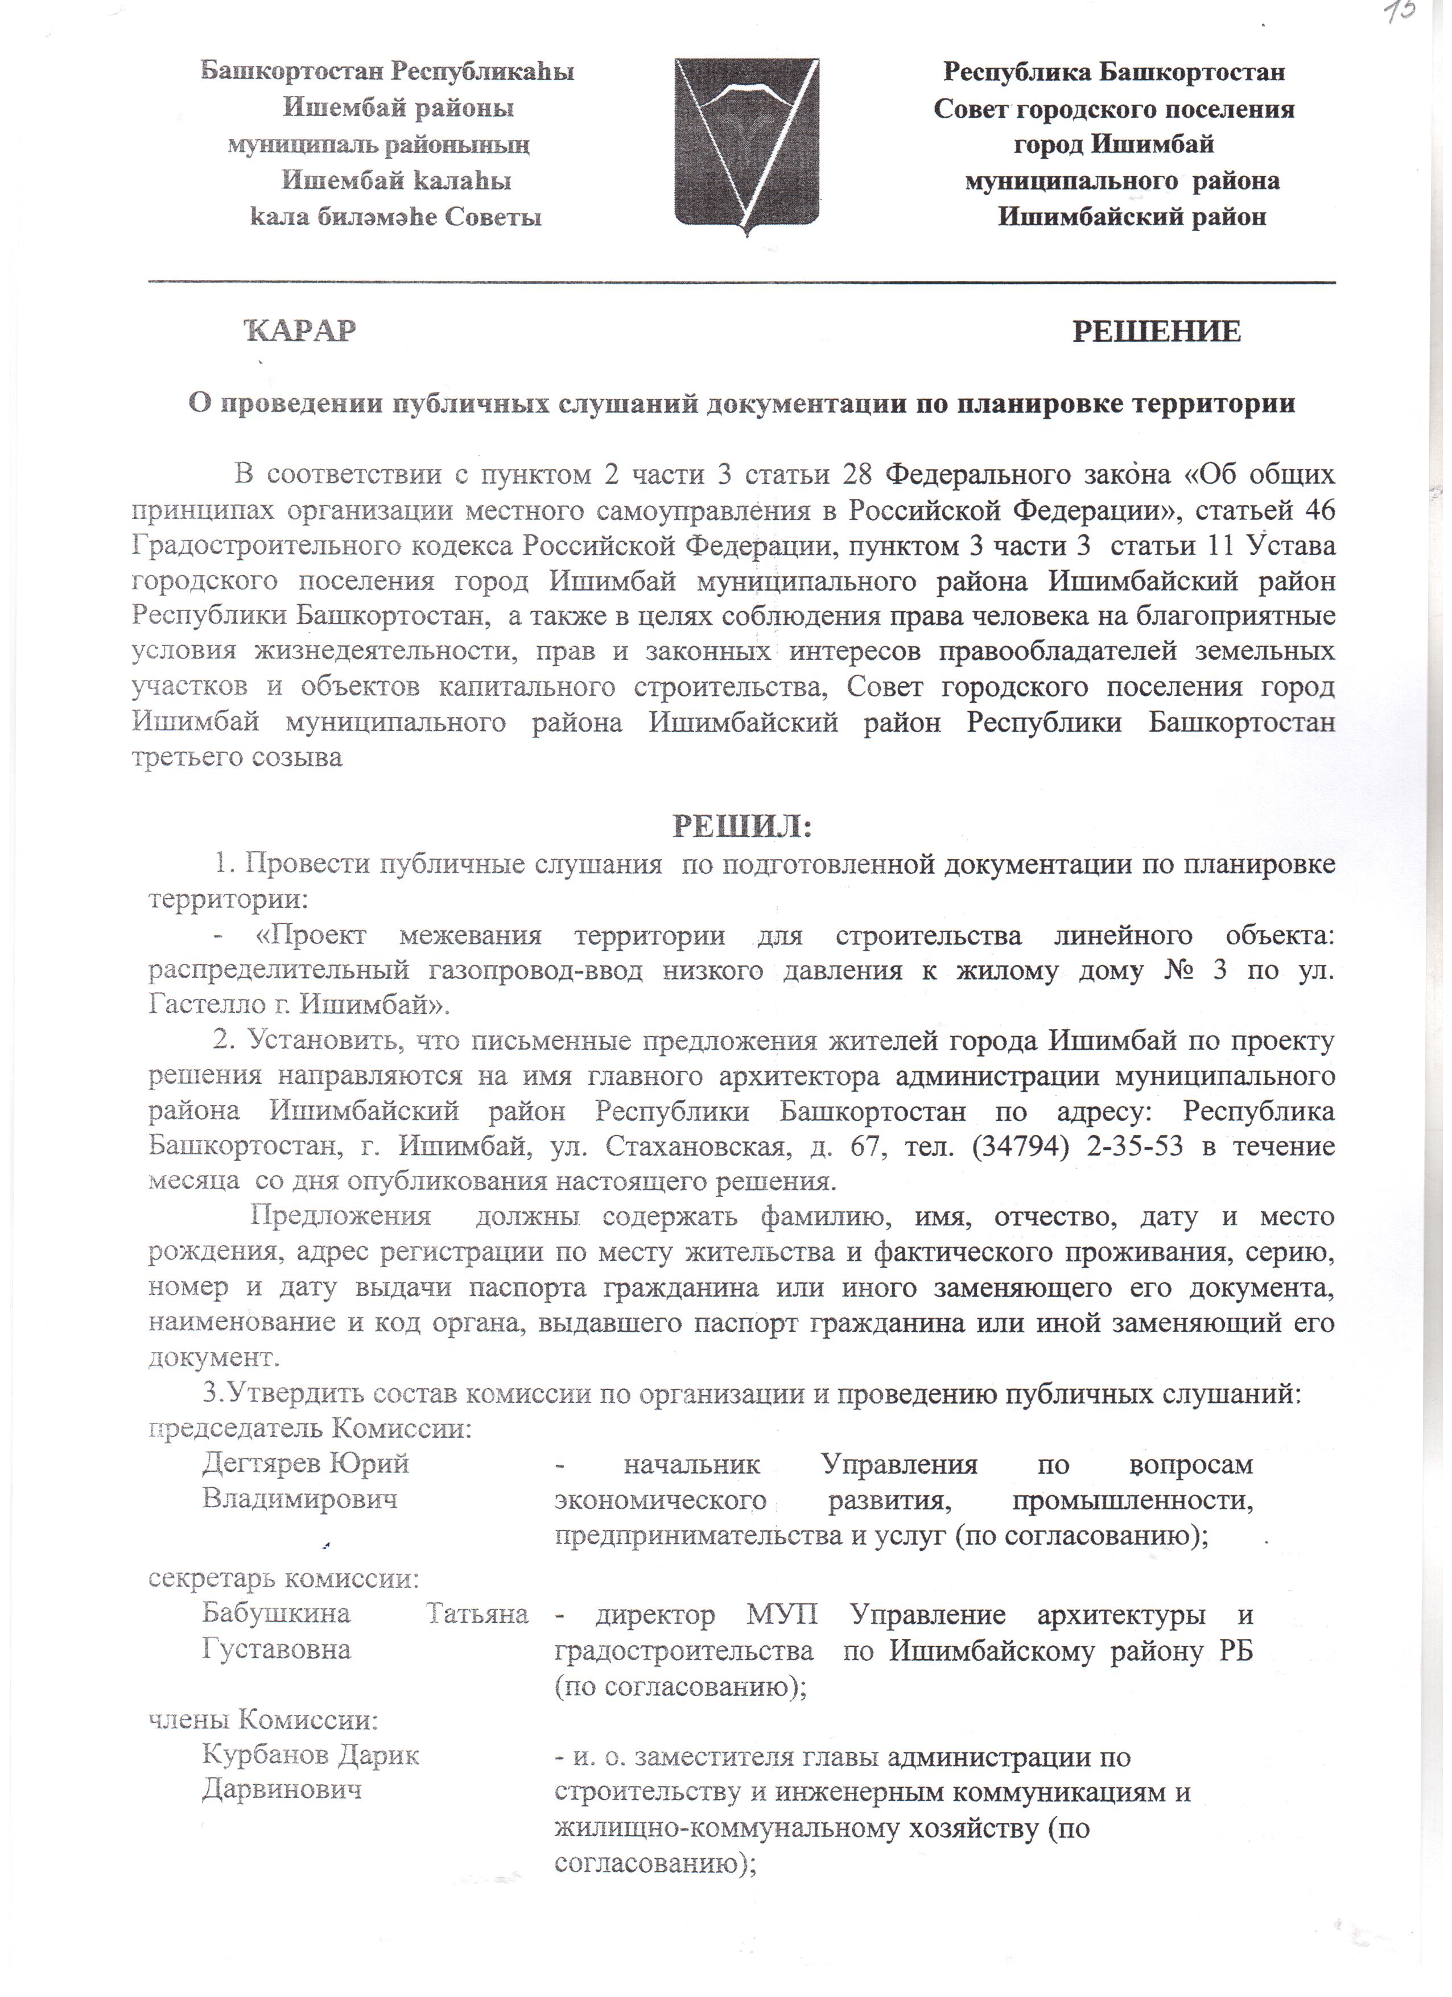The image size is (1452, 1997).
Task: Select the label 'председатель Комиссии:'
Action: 310,1427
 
